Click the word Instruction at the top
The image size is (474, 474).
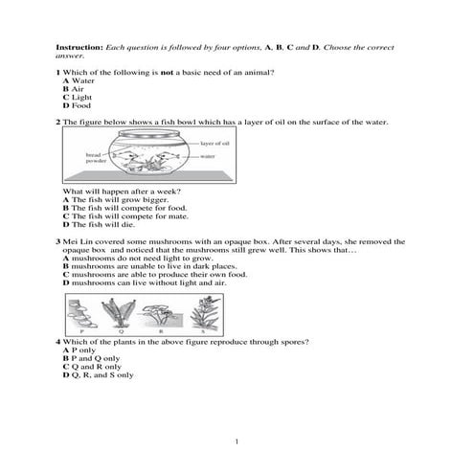pos(79,47)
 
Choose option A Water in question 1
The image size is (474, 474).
pos(78,81)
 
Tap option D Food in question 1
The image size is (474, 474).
pos(76,105)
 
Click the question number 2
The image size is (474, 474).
pos(58,123)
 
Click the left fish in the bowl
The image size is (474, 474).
pos(135,154)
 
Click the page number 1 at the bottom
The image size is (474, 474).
pos(236,440)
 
